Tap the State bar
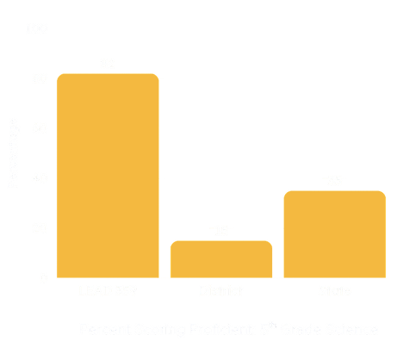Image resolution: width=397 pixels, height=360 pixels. point(334,233)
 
